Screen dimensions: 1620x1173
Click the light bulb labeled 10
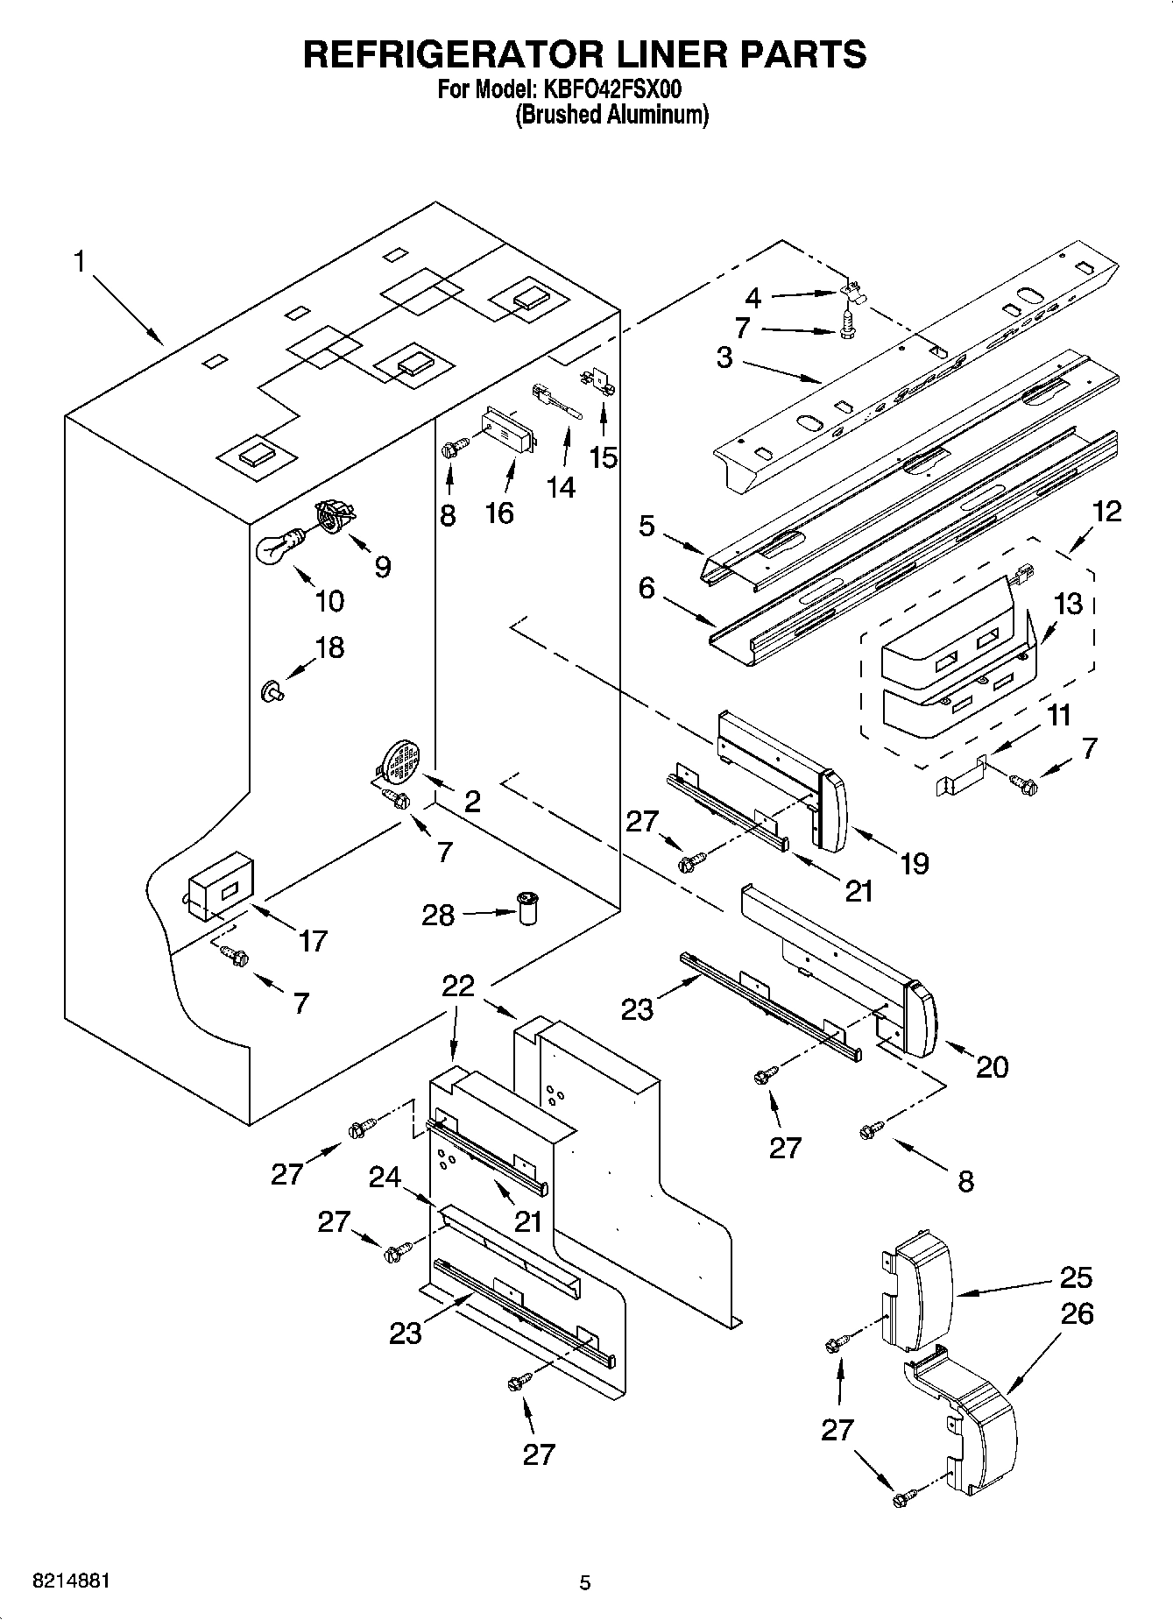276,547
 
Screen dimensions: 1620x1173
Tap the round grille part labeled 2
401,760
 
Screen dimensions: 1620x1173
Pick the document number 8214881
71,1581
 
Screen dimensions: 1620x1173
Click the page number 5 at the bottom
585,1582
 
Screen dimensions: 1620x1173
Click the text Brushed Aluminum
611,115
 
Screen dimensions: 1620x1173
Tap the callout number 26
1077,1314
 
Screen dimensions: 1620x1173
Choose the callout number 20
992,1066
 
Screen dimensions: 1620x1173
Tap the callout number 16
499,513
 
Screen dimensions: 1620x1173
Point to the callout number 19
913,864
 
